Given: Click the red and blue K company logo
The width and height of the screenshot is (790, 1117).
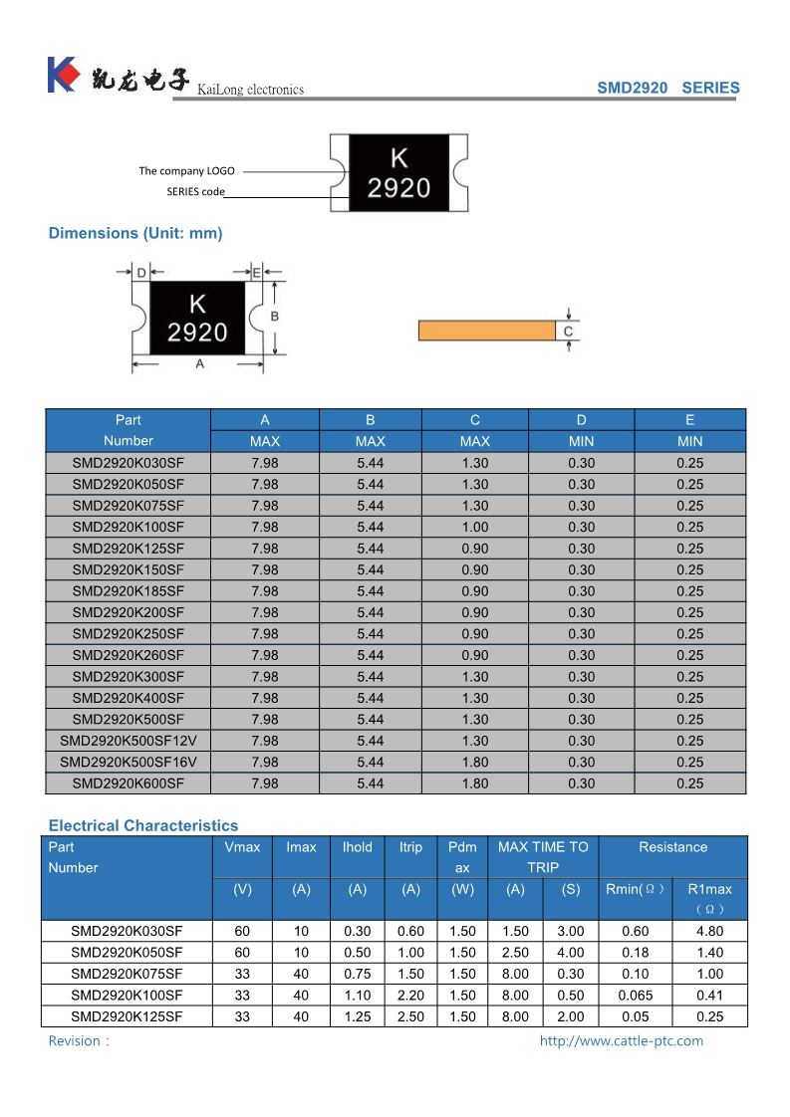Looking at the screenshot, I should pos(62,75).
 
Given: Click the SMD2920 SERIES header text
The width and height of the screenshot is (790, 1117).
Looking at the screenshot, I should pos(667,88).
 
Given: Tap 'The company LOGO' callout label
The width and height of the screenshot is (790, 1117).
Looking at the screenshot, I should pos(186,171).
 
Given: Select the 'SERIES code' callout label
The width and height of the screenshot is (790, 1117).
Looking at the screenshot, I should pos(195,191).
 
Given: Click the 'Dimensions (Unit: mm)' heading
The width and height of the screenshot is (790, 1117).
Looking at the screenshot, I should pos(135,233).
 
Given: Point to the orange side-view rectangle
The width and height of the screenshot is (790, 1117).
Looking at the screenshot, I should pos(486,331).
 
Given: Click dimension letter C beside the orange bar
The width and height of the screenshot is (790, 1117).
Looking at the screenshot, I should pos(568,331).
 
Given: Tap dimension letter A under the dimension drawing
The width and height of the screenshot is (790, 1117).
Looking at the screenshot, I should pos(200,364).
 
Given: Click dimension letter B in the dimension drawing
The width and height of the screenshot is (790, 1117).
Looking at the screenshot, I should pos(275,317).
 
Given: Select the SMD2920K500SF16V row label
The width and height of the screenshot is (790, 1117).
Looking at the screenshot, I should pos(128,762).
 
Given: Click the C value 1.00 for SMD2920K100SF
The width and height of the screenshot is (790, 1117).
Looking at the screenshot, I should pos(475,527).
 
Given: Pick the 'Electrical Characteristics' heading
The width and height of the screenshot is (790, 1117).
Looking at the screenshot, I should pos(143,825).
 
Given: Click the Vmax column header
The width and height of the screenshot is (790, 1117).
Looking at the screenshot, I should pos(242,847).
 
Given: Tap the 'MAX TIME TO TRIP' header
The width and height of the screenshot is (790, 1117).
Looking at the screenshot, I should pos(543,857).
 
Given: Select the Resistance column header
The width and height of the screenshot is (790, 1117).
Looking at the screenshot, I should pos(672,847).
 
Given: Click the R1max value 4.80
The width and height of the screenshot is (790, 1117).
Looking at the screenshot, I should pos(709,932).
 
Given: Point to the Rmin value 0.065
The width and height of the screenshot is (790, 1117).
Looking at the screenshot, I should pos(635,995).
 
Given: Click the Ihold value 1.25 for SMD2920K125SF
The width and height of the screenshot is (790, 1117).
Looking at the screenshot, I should pos(357,1016).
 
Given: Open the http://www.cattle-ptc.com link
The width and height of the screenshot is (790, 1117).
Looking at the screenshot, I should pos(621,1041).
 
